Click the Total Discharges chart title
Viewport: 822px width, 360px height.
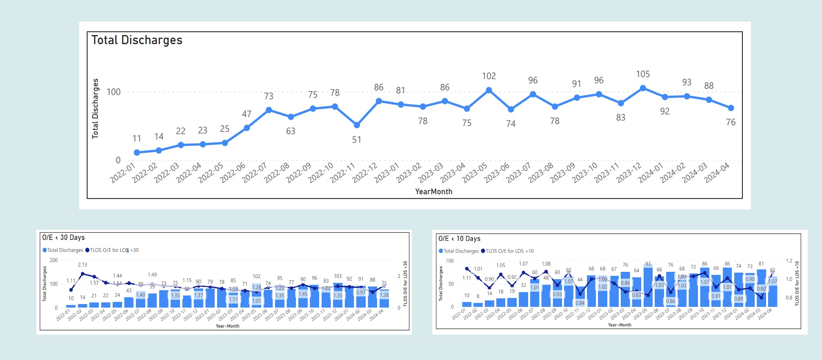pos(137,40)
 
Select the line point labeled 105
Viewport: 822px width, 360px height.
pos(643,88)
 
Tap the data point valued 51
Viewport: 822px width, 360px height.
pos(357,125)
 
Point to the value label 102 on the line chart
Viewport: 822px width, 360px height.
pos(489,76)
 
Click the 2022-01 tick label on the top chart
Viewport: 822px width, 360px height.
pos(122,173)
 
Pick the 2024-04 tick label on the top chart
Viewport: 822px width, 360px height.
pos(717,173)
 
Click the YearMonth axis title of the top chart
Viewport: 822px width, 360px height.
pos(433,191)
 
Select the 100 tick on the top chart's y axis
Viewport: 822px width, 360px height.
pos(113,92)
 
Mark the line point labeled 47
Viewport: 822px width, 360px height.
pos(247,128)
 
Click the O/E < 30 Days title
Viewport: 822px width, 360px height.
pos(64,238)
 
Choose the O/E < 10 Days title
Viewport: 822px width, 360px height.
pos(459,239)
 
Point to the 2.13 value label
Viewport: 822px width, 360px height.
pos(82,265)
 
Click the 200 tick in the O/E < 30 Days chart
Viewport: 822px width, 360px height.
pos(53,260)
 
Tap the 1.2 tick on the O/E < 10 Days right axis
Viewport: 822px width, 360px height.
pos(789,261)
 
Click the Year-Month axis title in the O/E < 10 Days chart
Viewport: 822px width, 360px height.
pos(620,325)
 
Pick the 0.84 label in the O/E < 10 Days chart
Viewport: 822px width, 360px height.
pos(580,303)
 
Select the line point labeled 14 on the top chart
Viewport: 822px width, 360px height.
pos(159,151)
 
